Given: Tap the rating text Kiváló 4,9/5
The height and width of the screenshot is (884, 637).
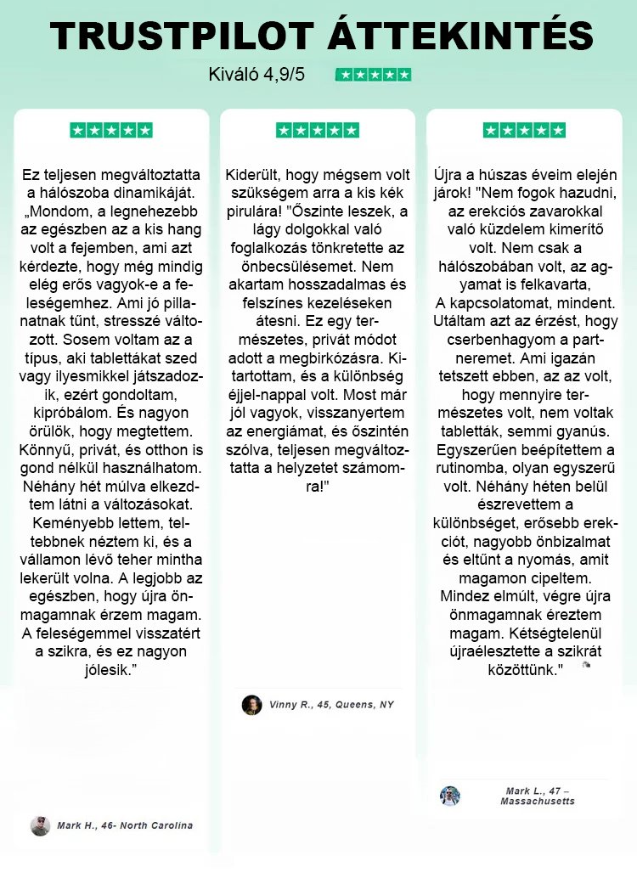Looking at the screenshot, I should pyautogui.click(x=256, y=75).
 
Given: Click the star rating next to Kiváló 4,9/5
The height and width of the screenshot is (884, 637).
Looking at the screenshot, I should pyautogui.click(x=374, y=75).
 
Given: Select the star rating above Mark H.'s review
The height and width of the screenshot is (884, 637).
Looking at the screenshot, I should pyautogui.click(x=111, y=131).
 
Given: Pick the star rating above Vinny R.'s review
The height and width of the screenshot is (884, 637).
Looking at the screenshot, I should pyautogui.click(x=318, y=131).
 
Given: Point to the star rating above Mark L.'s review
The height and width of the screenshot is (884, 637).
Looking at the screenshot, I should pyautogui.click(x=524, y=131).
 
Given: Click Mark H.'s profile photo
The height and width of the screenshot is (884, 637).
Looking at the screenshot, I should pyautogui.click(x=40, y=825).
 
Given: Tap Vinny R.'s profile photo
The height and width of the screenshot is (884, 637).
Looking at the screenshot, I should pyautogui.click(x=251, y=705).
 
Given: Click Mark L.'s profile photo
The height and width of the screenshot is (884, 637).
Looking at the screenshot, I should pyautogui.click(x=450, y=796).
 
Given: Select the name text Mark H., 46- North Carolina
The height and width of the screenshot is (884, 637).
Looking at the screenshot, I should pyautogui.click(x=125, y=825).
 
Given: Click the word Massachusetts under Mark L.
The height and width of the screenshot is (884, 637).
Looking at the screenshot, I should pyautogui.click(x=538, y=802).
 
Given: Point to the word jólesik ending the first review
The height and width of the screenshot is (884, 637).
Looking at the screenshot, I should pyautogui.click(x=109, y=670).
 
